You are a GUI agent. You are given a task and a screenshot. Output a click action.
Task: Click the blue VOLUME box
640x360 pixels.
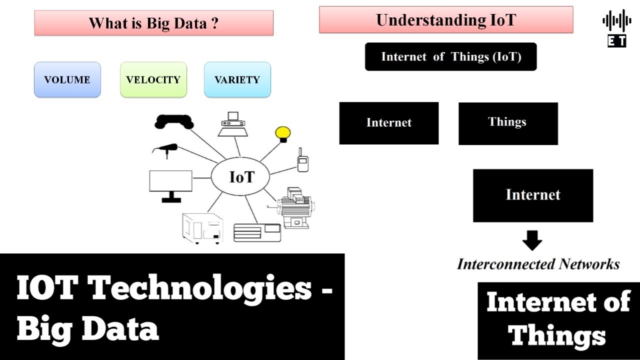[x=67, y=79]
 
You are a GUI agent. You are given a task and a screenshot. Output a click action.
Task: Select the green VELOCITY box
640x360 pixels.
[x=153, y=79]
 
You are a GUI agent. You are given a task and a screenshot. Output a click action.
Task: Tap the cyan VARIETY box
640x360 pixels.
[x=237, y=79]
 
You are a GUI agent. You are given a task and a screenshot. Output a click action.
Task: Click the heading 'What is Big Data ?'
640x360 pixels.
[x=153, y=23]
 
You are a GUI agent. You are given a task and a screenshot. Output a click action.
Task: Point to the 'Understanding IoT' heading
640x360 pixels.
[x=446, y=20]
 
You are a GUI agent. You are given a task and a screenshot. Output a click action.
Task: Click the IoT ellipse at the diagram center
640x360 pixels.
[x=241, y=177]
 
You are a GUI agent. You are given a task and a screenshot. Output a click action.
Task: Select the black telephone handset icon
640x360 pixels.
[x=174, y=121]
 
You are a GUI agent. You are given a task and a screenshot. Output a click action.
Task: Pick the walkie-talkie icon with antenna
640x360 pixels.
[x=302, y=161]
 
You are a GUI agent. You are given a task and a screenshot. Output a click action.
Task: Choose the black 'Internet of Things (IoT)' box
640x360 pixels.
[x=451, y=56]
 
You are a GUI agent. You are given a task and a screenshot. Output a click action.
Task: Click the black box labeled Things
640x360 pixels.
[x=508, y=123]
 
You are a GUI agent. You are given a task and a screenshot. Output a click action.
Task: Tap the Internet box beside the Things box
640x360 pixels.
[x=389, y=123]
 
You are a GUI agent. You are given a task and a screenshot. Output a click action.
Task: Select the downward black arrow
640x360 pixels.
[x=532, y=241]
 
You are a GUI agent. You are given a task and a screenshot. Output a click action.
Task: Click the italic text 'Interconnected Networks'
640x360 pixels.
[x=538, y=264]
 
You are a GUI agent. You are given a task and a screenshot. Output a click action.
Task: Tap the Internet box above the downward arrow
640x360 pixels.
[x=533, y=195]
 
